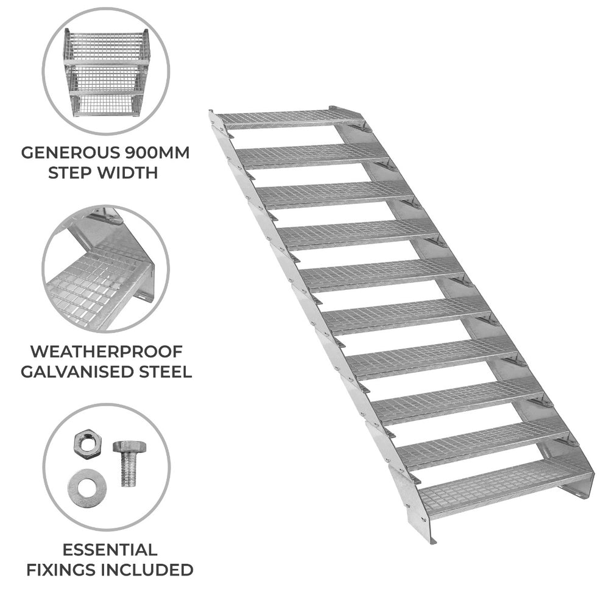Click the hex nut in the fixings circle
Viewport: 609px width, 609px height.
click(87, 443)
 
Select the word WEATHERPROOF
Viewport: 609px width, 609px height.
click(106, 351)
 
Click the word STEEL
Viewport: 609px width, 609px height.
click(160, 371)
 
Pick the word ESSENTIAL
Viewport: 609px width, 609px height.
click(110, 550)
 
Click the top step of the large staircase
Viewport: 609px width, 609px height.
click(290, 119)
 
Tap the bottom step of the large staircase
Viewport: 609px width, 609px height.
click(505, 490)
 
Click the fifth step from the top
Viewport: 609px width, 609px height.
click(382, 274)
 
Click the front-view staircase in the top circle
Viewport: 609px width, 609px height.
click(106, 72)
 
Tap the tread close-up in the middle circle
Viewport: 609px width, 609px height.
click(105, 269)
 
